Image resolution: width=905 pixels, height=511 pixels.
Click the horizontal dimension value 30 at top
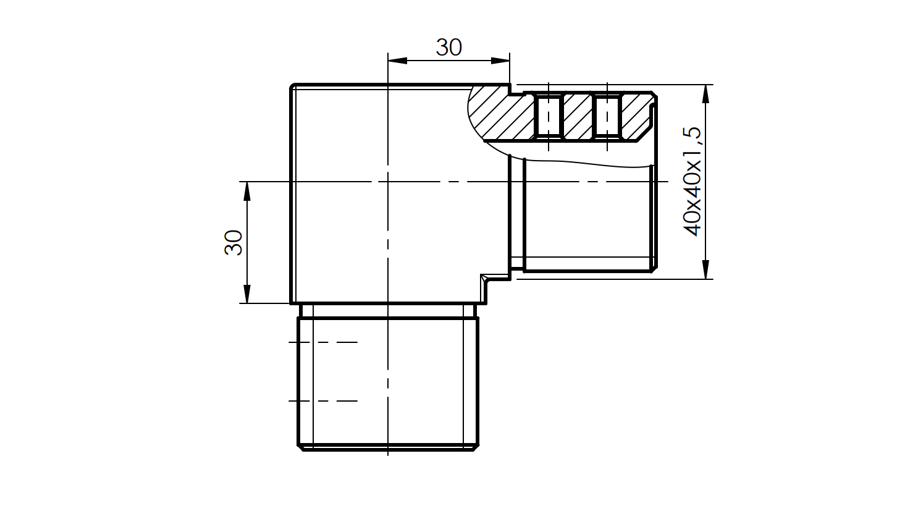(x=448, y=48)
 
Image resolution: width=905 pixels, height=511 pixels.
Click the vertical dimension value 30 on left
(x=234, y=242)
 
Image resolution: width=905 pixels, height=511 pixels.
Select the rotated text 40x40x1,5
(x=692, y=181)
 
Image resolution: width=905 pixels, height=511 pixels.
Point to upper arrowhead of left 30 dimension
(x=247, y=191)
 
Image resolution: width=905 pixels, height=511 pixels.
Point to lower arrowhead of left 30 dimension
(x=247, y=294)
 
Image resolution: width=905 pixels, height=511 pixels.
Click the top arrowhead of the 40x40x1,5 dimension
(x=705, y=94)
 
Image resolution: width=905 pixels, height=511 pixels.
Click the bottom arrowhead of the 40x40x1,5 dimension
(x=705, y=269)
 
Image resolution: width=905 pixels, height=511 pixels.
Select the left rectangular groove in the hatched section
(x=549, y=116)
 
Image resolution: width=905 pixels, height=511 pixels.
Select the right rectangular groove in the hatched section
(x=607, y=116)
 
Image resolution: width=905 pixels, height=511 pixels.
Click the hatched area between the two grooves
(x=578, y=116)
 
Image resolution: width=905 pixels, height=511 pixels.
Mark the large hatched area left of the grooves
(x=500, y=117)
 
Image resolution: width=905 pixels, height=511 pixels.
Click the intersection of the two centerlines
(x=388, y=182)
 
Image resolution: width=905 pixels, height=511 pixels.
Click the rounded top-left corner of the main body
(x=293, y=87)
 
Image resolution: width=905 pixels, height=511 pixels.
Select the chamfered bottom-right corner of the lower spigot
(x=476, y=447)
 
